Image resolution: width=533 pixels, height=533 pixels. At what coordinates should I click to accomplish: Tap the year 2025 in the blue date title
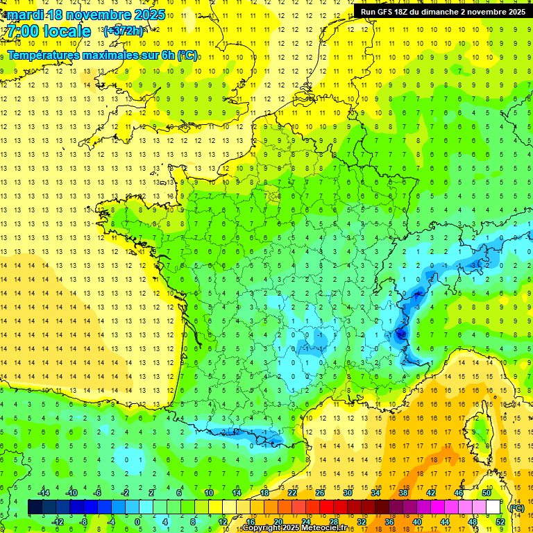point(149,15)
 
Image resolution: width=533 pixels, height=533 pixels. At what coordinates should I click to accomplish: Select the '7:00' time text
point(22,31)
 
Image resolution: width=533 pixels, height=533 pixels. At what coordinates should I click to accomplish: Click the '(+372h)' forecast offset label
point(124,31)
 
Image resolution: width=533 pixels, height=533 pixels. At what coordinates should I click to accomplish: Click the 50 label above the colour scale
point(486,493)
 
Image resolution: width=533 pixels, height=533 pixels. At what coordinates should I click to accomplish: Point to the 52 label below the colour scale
point(500,522)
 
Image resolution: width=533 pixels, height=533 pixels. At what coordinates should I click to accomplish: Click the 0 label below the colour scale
point(137,522)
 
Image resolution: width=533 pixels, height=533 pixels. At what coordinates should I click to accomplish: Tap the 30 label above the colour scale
point(347,493)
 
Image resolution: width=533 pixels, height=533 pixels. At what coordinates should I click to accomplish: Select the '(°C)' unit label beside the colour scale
point(516,508)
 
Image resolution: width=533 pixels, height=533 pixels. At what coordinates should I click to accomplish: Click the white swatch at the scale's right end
point(493,507)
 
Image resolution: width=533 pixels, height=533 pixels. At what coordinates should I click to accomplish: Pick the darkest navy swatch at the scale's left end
point(35,507)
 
